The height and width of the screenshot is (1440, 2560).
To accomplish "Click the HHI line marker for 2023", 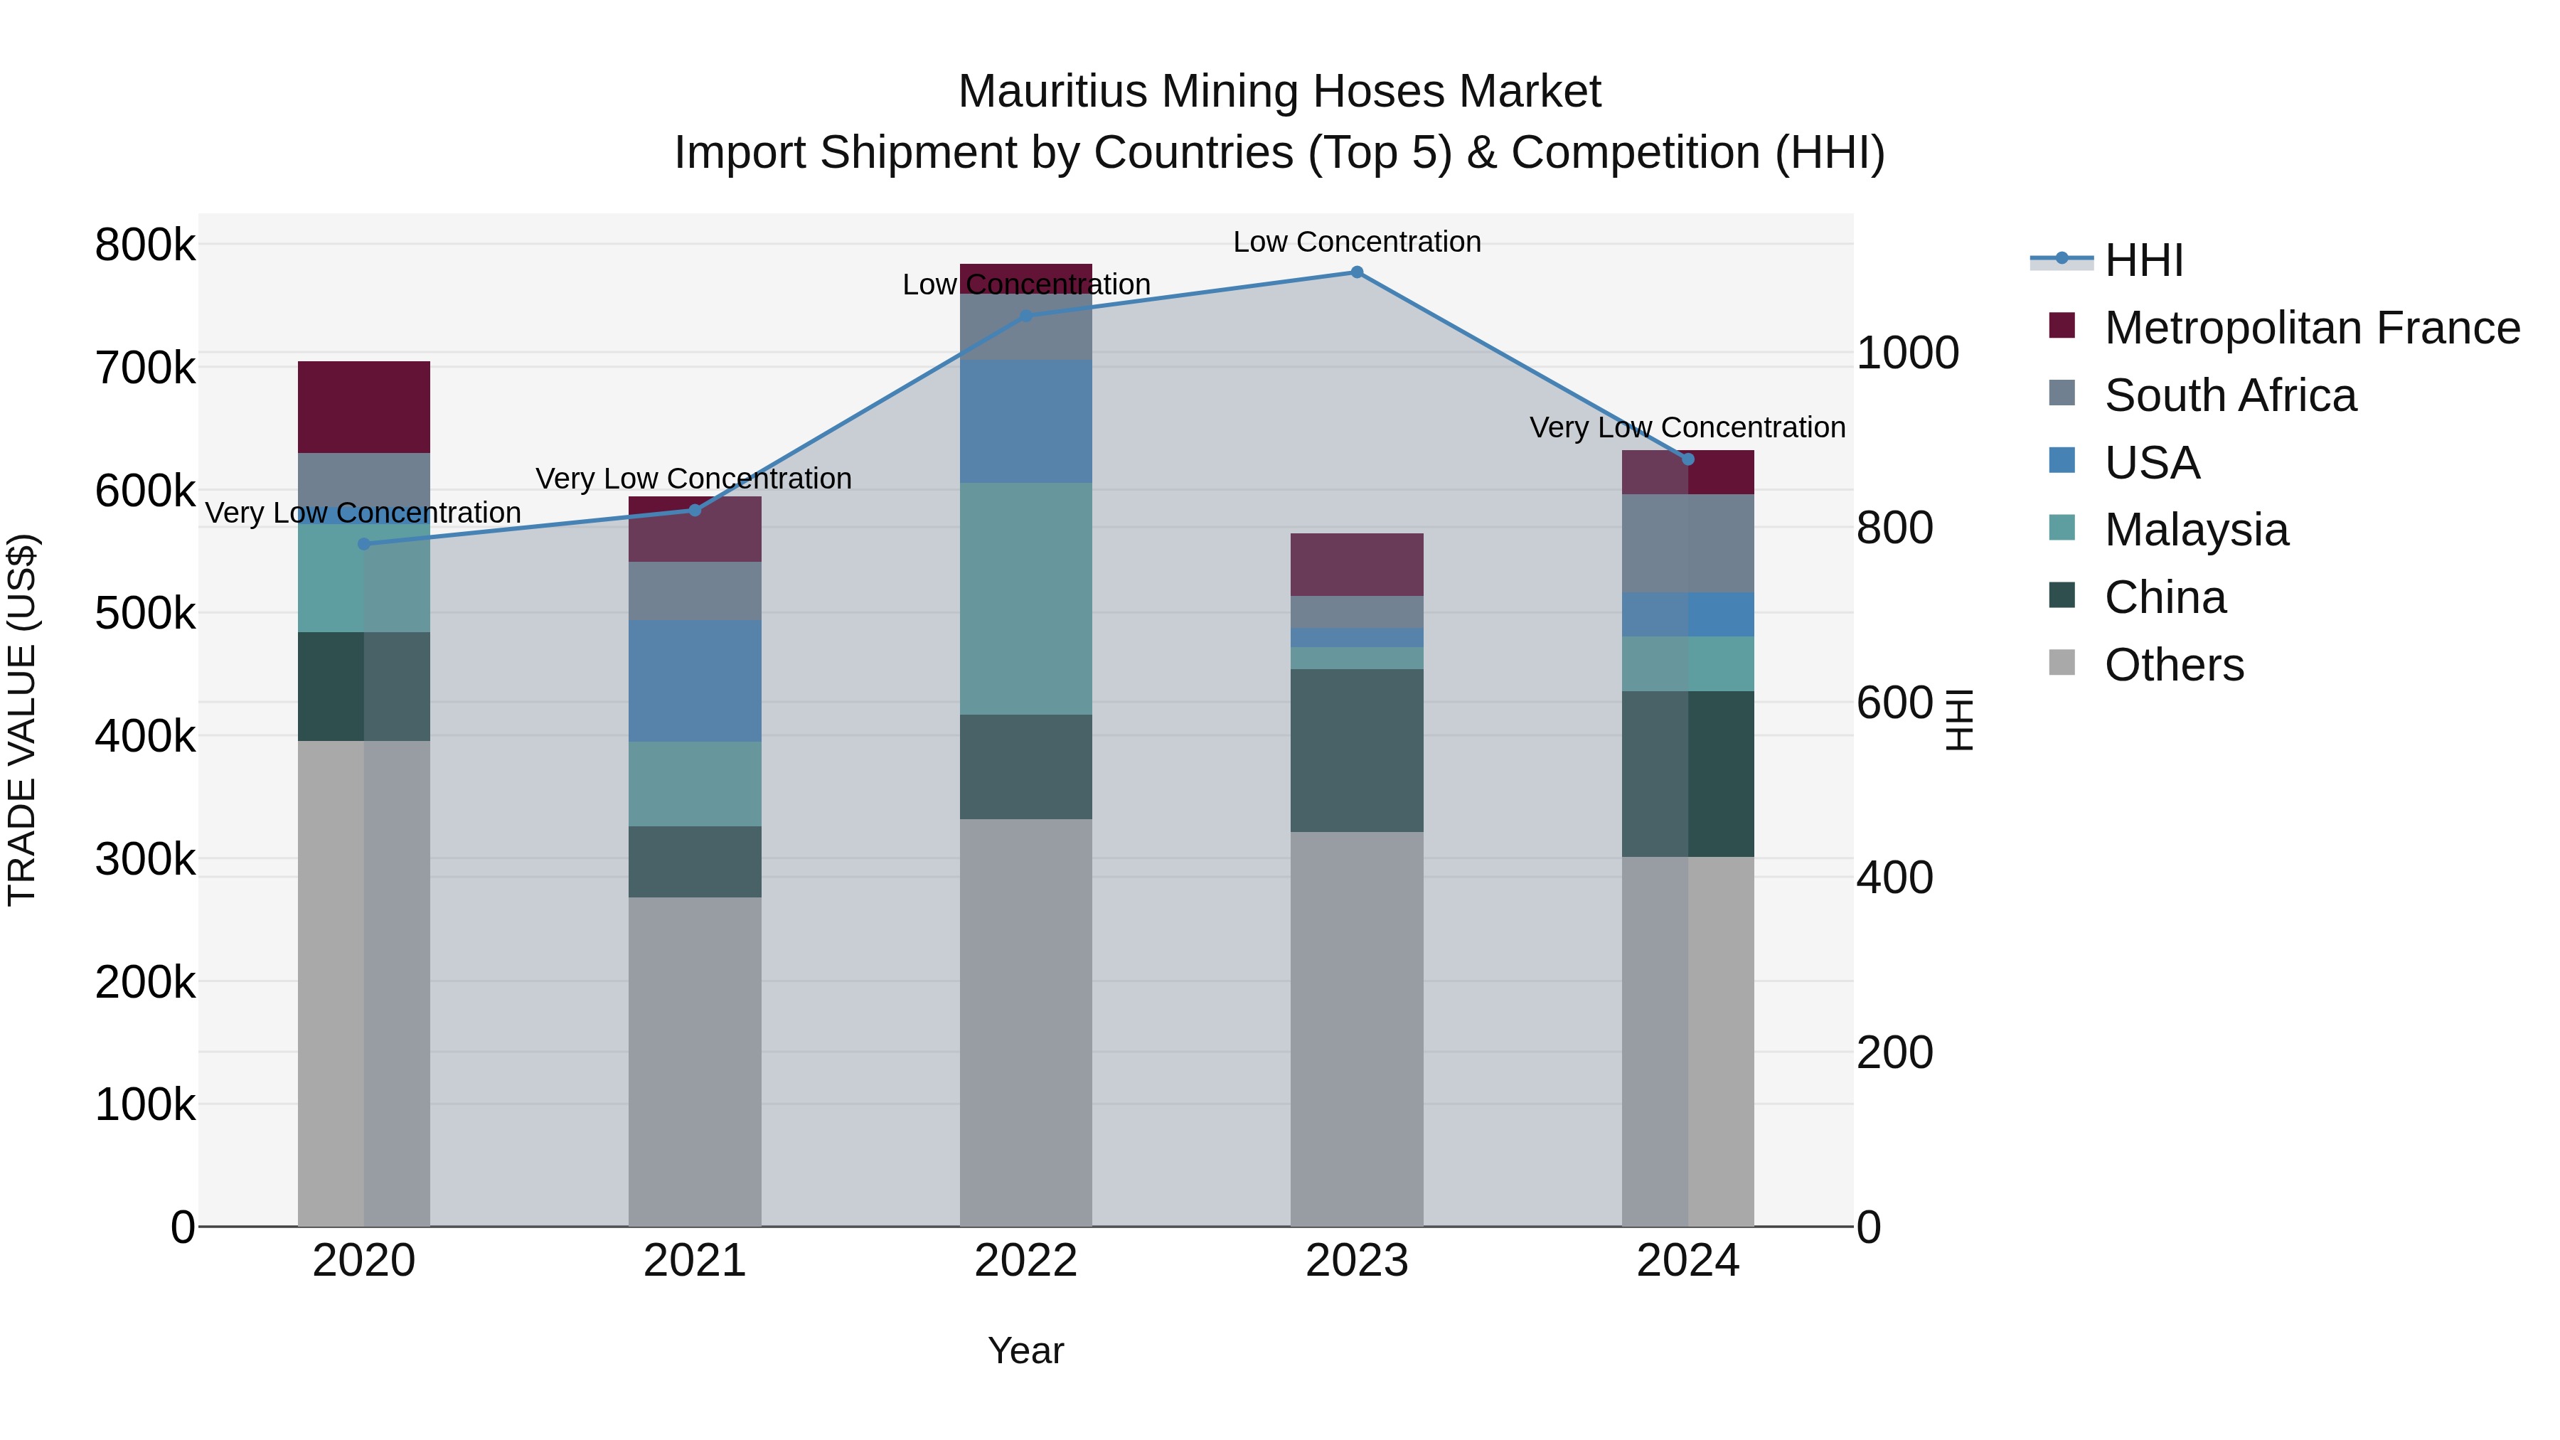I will [x=1357, y=272].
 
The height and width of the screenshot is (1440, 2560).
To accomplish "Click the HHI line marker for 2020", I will [x=363, y=543].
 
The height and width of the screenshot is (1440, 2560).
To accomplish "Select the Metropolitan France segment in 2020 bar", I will [x=363, y=407].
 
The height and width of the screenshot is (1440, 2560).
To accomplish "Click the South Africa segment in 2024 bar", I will [x=1687, y=543].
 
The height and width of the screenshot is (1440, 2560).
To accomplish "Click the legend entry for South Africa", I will [x=2230, y=395].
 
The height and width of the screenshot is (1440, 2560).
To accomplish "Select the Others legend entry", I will [x=2173, y=665].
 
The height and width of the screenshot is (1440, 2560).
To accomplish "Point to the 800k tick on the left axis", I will [x=145, y=245].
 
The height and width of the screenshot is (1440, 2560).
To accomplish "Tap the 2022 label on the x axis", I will [x=1025, y=1261].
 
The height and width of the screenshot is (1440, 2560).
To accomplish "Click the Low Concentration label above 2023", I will [x=1357, y=242].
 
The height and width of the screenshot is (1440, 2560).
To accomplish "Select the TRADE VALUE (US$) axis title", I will [x=23, y=720].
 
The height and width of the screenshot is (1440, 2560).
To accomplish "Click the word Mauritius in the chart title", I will [x=1052, y=92].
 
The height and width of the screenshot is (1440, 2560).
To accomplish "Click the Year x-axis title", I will [x=1025, y=1350].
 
